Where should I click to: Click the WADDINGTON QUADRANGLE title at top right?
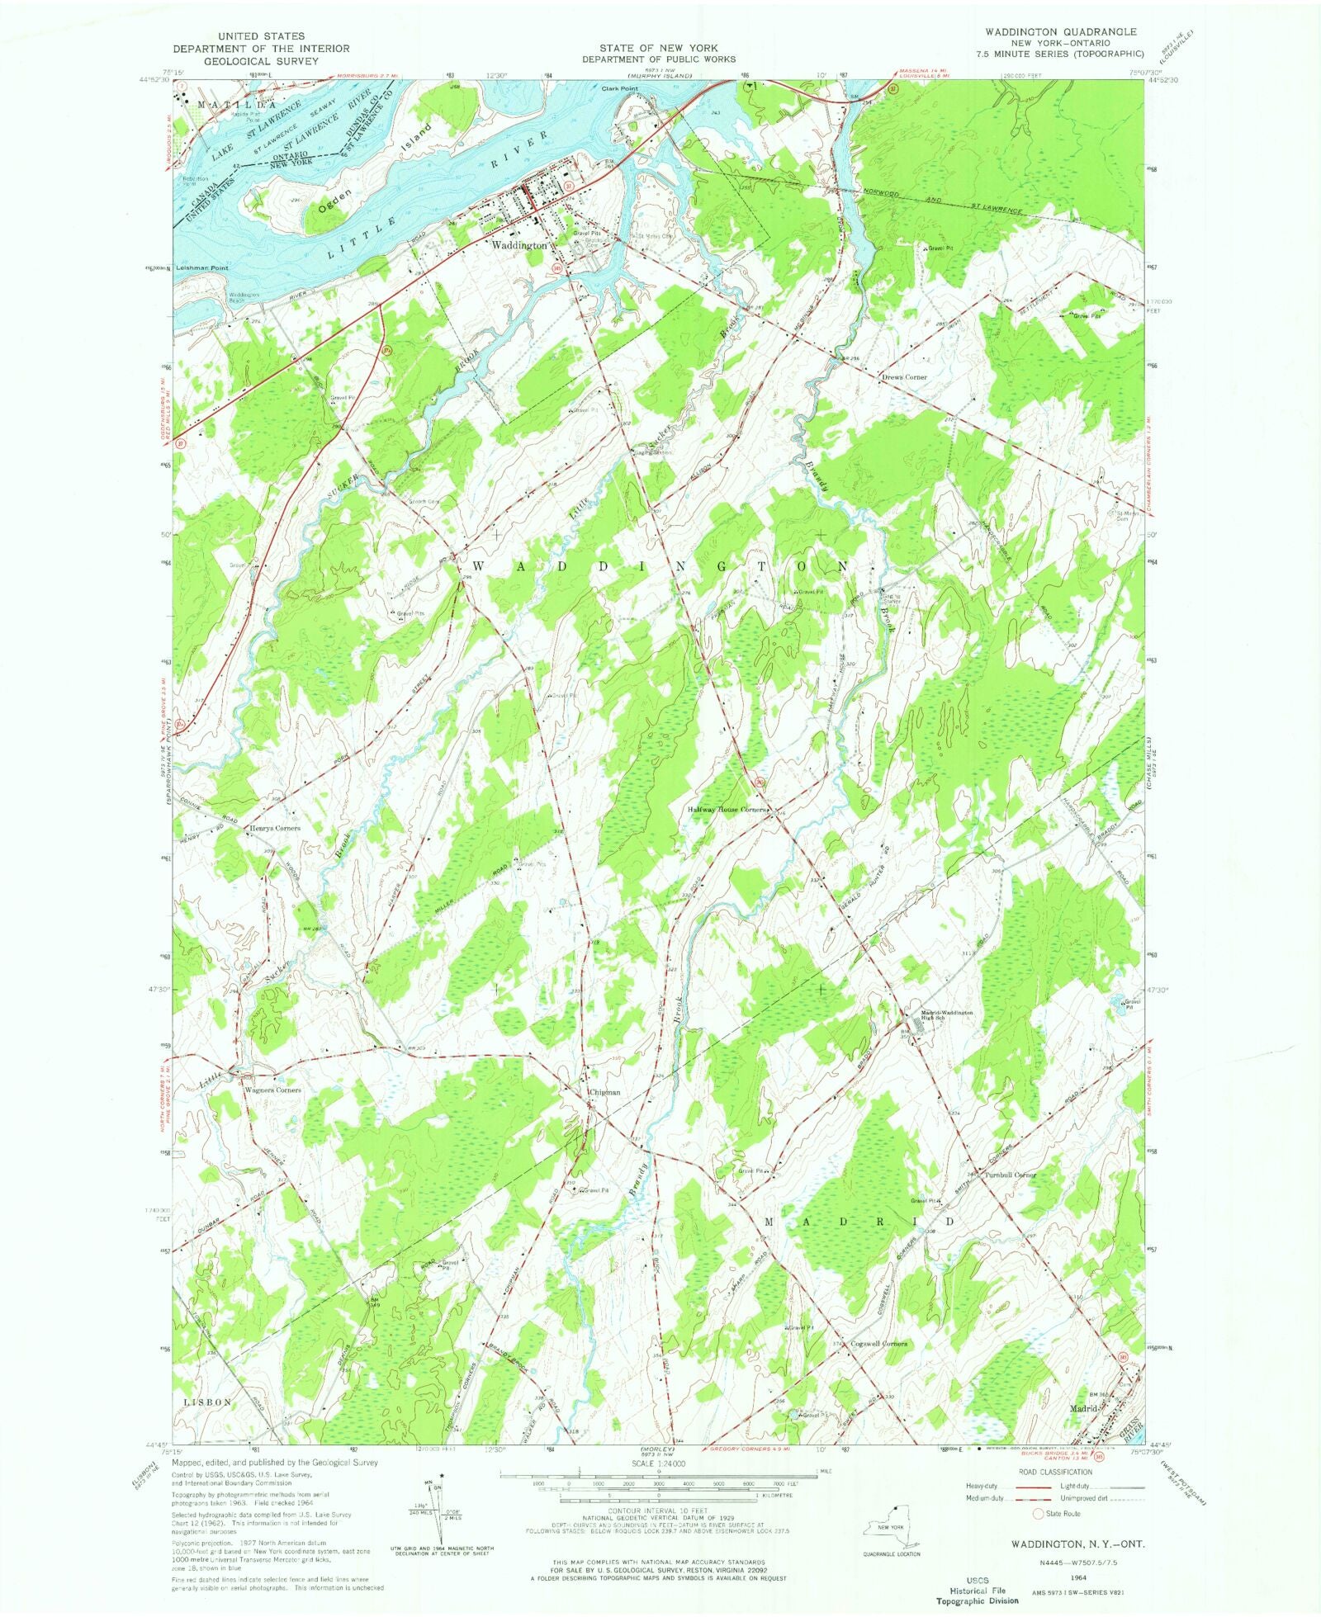pos(1060,31)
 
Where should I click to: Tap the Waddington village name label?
pos(518,245)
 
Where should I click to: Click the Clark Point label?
pos(620,88)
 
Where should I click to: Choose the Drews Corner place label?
pos(905,377)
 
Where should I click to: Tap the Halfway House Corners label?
pos(727,810)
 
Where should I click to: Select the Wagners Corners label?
pos(273,1090)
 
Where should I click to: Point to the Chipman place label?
pos(605,1092)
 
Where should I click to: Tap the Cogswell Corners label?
pos(878,1344)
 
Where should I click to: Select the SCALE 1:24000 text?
pos(657,1463)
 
